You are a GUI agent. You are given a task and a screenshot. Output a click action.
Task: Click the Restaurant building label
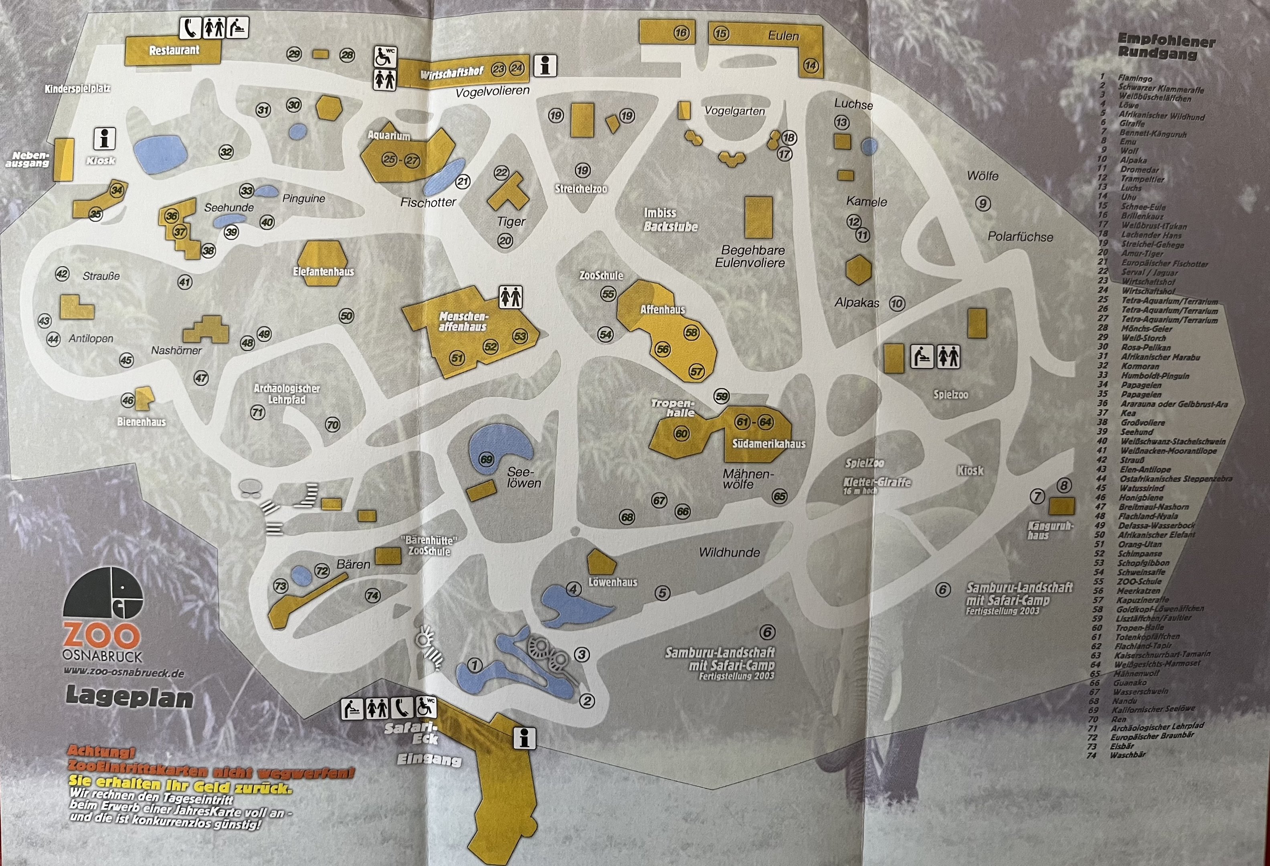pos(174,50)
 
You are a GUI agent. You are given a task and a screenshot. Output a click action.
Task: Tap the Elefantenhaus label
pos(324,271)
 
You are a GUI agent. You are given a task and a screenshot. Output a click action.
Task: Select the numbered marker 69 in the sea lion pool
pos(486,459)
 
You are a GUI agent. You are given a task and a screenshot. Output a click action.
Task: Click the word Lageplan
pos(129,698)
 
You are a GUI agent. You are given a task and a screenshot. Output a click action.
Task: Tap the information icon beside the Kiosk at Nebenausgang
pos(104,139)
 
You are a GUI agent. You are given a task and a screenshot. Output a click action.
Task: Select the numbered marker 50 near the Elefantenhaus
pos(346,316)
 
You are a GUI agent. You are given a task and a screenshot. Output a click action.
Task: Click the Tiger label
pos(511,221)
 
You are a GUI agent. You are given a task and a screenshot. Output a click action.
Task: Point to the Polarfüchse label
pos(1020,237)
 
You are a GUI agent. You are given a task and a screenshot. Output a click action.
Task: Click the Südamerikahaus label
pos(768,444)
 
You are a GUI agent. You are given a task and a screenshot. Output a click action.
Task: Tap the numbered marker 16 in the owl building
pos(681,33)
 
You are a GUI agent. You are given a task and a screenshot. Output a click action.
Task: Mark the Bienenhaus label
pos(141,422)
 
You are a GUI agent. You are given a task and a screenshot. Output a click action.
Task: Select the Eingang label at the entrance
pos(429,759)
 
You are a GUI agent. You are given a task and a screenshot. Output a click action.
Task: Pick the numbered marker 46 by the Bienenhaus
pos(128,401)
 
